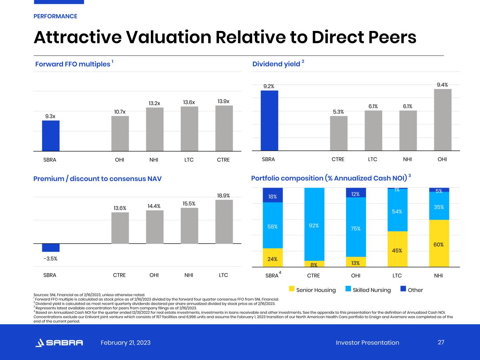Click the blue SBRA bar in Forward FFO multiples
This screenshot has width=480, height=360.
pyautogui.click(x=51, y=136)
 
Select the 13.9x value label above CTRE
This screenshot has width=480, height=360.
pyautogui.click(x=223, y=101)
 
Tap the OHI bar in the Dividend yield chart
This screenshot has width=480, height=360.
pyautogui.click(x=443, y=120)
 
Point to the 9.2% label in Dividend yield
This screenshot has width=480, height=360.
pyautogui.click(x=269, y=86)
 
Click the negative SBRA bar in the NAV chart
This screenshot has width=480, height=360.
pyautogui.click(x=51, y=247)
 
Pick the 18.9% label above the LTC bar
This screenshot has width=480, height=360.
pyautogui.click(x=223, y=195)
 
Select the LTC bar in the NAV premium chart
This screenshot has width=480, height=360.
pyautogui.click(x=224, y=222)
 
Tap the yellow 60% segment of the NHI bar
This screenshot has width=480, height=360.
pyautogui.click(x=439, y=243)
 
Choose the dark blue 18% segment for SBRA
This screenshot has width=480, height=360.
pyautogui.click(x=273, y=195)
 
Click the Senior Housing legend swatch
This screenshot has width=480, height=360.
pyautogui.click(x=292, y=289)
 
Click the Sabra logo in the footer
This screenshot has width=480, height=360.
pyautogui.click(x=59, y=343)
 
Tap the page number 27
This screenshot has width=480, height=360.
pyautogui.click(x=441, y=342)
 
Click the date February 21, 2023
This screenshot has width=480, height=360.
pyautogui.click(x=126, y=343)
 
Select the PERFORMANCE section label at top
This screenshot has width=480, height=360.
pyautogui.click(x=55, y=16)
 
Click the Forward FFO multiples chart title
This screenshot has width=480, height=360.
pyautogui.click(x=73, y=64)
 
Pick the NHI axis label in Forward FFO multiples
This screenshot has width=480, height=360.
pyautogui.click(x=154, y=160)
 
